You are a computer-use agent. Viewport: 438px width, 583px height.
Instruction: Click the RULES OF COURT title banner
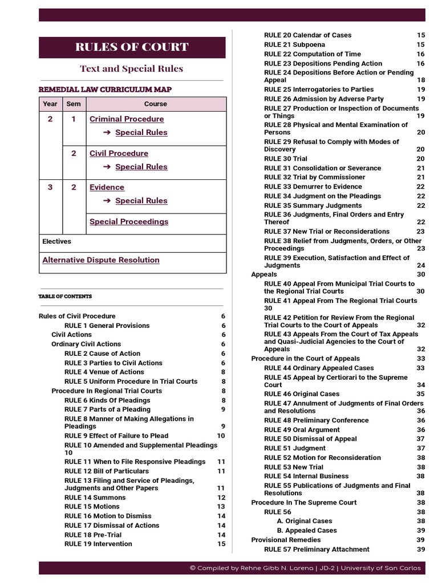(x=132, y=47)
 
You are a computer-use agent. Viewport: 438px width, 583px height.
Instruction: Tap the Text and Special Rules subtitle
(x=132, y=69)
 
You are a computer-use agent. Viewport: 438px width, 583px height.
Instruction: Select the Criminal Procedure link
(x=127, y=119)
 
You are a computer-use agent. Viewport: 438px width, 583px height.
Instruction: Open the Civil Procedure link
(x=119, y=153)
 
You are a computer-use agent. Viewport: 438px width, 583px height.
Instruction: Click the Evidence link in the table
(x=107, y=187)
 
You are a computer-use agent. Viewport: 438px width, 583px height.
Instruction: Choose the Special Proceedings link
(x=129, y=221)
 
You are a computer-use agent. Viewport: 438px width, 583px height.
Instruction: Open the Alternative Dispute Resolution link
(x=101, y=260)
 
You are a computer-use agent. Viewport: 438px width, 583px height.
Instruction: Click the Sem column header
(x=74, y=104)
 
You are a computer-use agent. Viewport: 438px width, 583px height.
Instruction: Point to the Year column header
(x=50, y=104)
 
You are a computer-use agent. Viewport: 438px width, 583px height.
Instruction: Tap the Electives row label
(x=57, y=241)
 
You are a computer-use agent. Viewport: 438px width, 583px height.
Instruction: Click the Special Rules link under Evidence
(x=141, y=201)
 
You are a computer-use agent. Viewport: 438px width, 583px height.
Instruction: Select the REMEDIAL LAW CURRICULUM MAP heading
(x=105, y=89)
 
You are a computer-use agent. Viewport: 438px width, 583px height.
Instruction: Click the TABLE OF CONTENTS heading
(x=65, y=297)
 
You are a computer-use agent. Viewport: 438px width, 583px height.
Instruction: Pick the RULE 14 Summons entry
(x=95, y=498)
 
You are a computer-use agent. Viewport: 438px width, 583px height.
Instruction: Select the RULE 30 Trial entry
(x=285, y=159)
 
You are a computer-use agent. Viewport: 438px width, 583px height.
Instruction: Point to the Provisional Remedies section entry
(x=283, y=540)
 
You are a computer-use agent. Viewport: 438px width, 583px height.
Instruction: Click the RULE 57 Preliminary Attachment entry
(x=317, y=549)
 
